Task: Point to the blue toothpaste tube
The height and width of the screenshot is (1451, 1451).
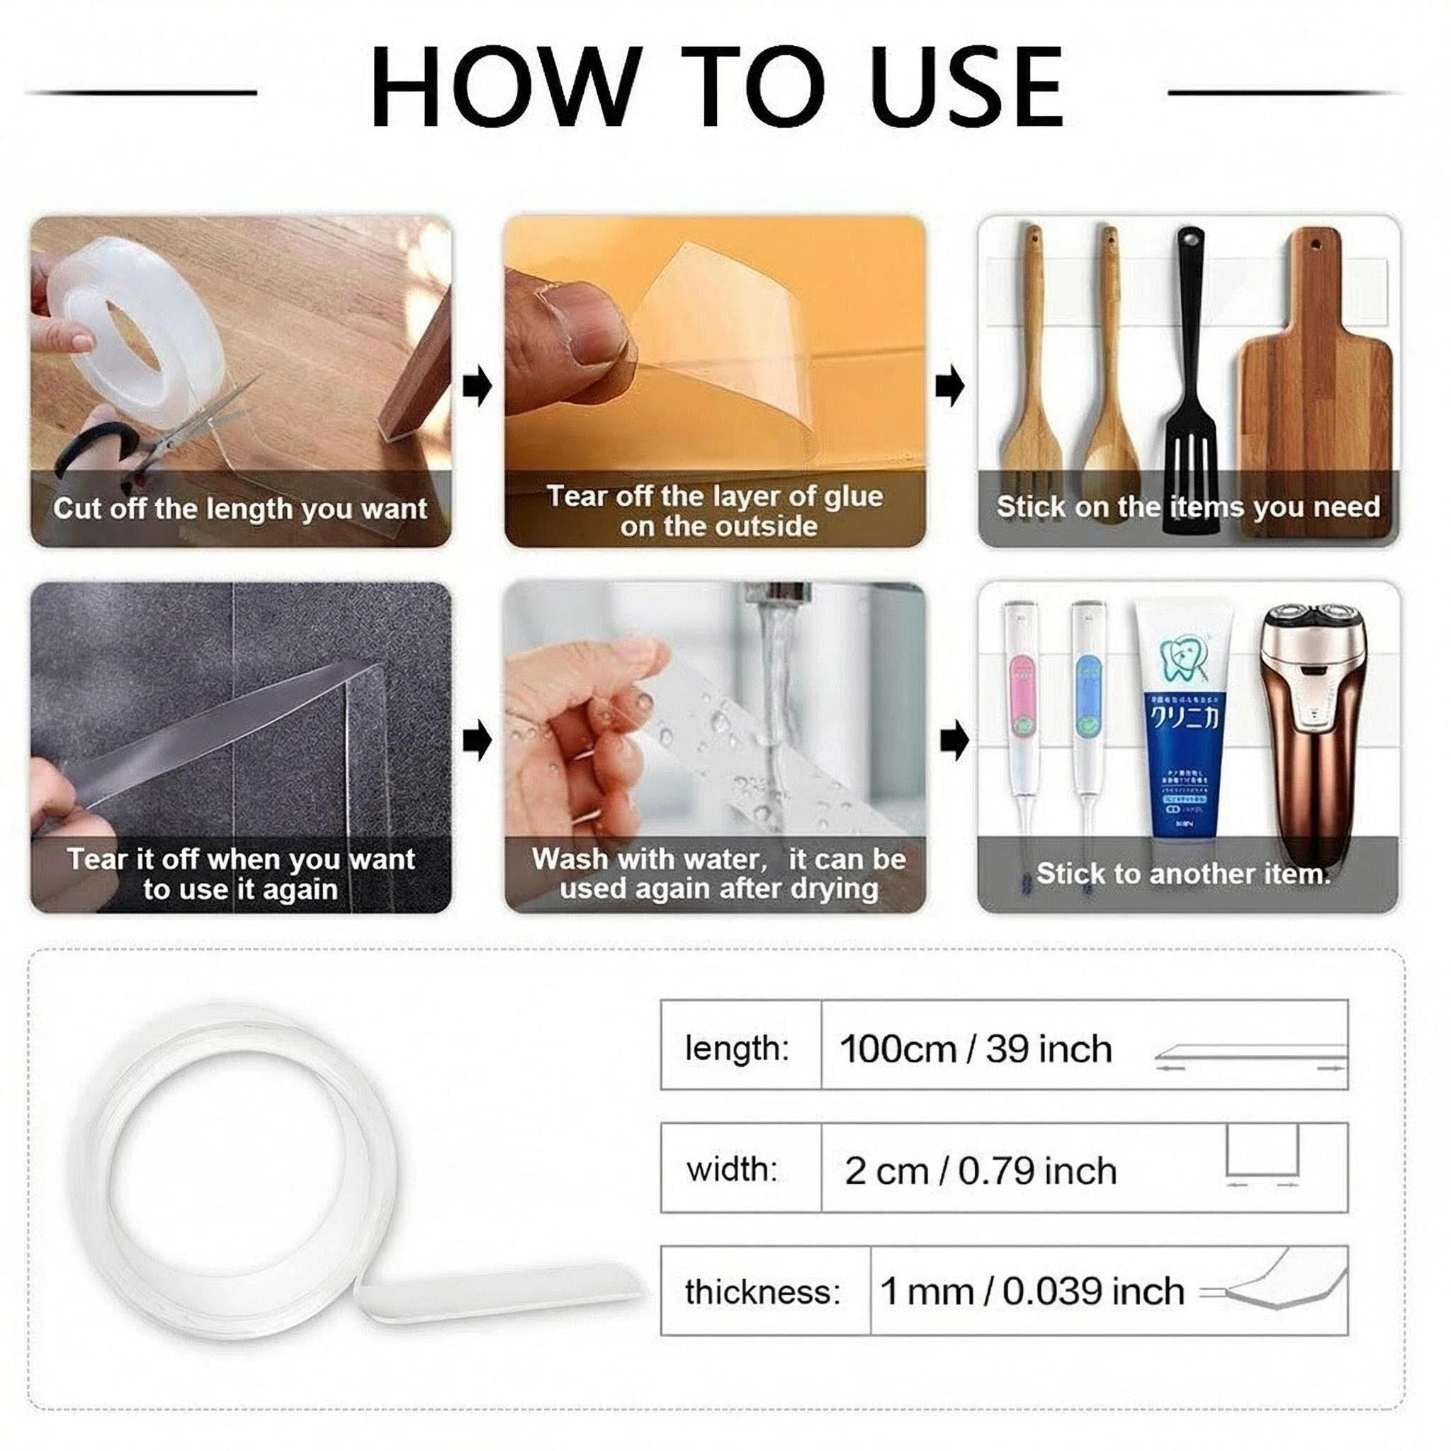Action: (x=1183, y=721)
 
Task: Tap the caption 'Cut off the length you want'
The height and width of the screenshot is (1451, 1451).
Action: (x=240, y=509)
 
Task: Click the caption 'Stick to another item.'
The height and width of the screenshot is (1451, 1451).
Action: (x=1183, y=874)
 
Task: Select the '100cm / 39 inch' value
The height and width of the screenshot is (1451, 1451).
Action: (x=975, y=1049)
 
